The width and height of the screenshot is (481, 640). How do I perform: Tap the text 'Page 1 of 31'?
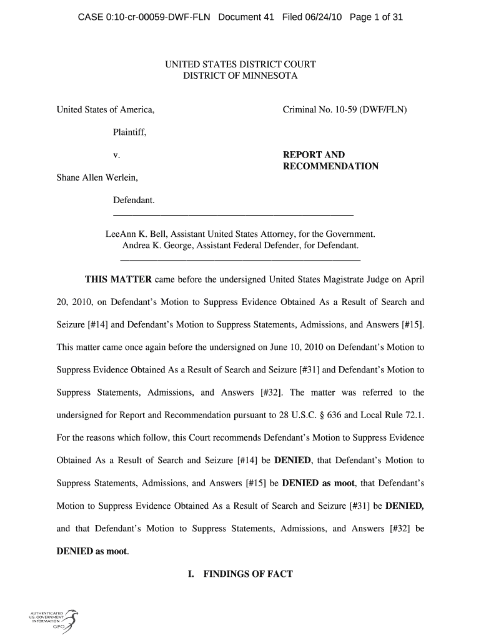tap(376, 17)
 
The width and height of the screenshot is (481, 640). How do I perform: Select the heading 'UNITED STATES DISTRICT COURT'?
tap(240, 64)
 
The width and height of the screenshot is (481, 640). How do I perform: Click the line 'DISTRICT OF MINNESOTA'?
tap(240, 76)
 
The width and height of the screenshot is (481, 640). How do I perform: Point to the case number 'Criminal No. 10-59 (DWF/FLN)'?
tap(345, 110)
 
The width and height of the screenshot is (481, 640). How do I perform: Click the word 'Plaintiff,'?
tap(129, 132)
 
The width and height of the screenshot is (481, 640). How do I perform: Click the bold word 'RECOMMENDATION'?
tap(330, 166)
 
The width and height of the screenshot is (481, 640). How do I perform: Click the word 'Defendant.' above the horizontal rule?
tap(133, 200)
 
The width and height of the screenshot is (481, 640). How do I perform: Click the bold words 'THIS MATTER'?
tap(118, 279)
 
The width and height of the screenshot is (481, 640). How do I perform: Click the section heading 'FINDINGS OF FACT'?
tap(248, 573)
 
